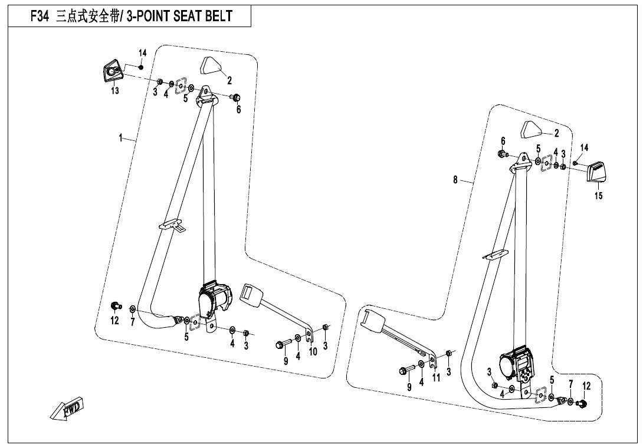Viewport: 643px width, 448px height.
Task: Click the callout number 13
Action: click(x=115, y=90)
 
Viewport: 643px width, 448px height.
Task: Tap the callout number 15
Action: click(x=598, y=196)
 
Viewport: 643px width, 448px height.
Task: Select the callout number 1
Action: click(x=120, y=138)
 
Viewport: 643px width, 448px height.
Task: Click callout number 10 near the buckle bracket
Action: click(x=313, y=351)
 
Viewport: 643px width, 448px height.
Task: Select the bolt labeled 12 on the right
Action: click(x=581, y=404)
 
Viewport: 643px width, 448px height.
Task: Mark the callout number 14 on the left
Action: click(x=142, y=53)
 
